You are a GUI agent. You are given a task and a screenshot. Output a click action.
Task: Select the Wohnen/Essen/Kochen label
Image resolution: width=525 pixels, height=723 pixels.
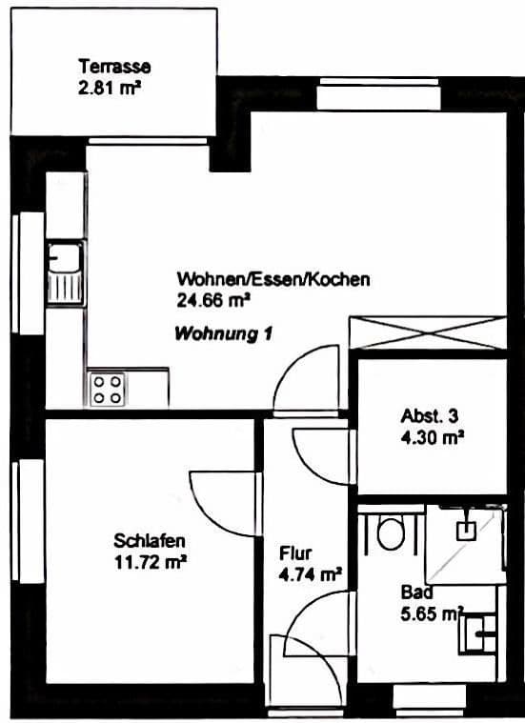(273, 280)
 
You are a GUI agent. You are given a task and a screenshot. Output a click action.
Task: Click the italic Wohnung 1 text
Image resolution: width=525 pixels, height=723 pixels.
(223, 334)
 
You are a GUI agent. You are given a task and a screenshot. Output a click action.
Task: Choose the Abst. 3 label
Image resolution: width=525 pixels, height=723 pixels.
(429, 416)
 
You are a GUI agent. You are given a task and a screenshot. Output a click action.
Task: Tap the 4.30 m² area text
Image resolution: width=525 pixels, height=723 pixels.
(433, 438)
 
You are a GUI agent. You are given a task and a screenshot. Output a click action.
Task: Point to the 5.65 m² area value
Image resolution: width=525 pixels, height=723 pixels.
(432, 613)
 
